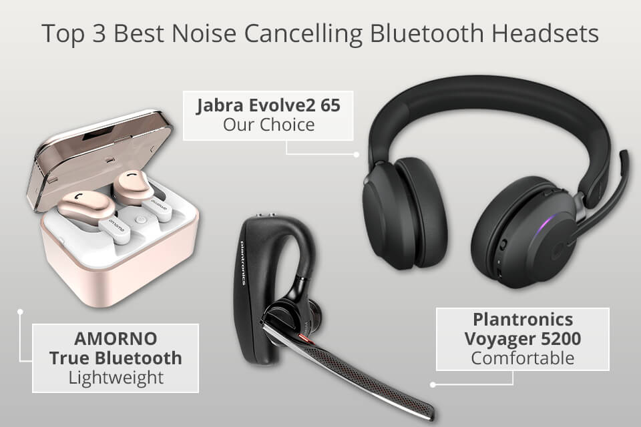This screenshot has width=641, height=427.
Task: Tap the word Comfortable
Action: pyautogui.click(x=522, y=358)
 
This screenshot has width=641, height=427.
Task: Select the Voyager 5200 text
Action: pyautogui.click(x=523, y=338)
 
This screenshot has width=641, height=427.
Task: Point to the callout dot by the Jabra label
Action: pyautogui.click(x=357, y=154)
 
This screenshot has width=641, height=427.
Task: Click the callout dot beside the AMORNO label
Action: pyautogui.click(x=20, y=311)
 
